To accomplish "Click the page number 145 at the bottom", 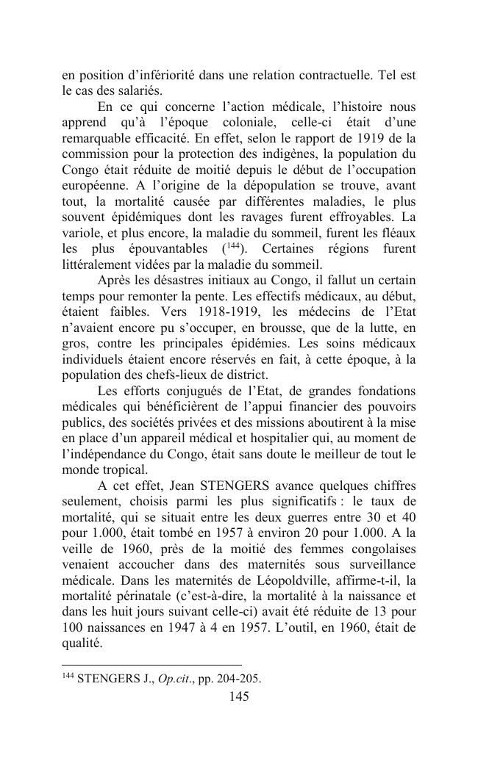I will coord(239,696).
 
